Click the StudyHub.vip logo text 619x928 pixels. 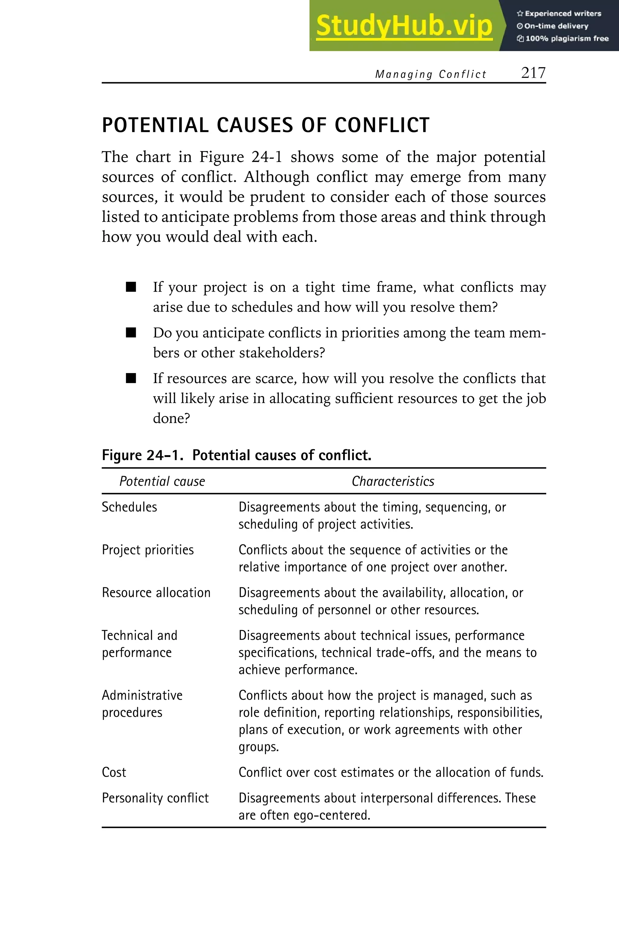coord(404,26)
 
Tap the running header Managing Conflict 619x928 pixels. coord(430,74)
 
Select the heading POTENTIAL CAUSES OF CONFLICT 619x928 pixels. coord(265,125)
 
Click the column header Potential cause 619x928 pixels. coord(162,481)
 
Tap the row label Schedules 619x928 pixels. coord(129,507)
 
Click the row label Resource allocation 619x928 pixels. coord(156,593)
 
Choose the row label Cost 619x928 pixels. coord(114,772)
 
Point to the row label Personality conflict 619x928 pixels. coord(155,798)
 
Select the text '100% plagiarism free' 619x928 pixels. coord(566,39)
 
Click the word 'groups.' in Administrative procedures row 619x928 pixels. coord(259,747)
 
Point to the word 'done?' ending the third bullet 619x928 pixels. coord(171,418)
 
